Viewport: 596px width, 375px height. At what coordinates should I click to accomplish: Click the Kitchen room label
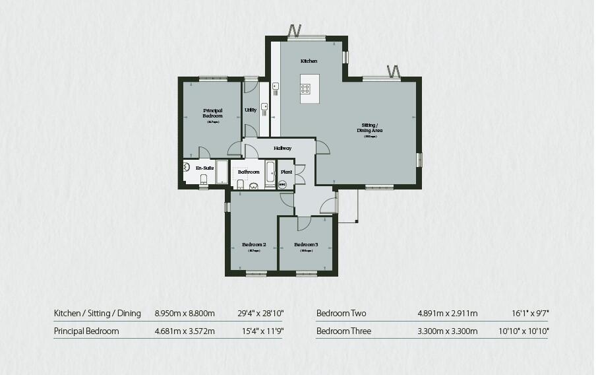(309, 61)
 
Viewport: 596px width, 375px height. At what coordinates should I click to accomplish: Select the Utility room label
(251, 110)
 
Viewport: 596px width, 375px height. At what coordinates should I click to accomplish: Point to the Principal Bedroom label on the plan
(212, 113)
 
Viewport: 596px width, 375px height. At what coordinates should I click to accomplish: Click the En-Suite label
(205, 168)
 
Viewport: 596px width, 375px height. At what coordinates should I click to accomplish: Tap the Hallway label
(282, 148)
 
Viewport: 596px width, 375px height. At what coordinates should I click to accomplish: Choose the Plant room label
(286, 172)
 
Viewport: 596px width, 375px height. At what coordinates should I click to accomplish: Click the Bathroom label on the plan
(249, 172)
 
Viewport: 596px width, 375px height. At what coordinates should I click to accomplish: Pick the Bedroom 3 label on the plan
(306, 245)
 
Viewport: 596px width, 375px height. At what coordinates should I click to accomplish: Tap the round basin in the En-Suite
(187, 168)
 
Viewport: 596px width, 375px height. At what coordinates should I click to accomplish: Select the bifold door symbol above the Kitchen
(295, 30)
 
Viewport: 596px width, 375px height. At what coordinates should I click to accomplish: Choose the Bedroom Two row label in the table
(341, 313)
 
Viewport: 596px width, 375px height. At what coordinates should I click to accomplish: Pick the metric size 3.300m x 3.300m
(447, 331)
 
